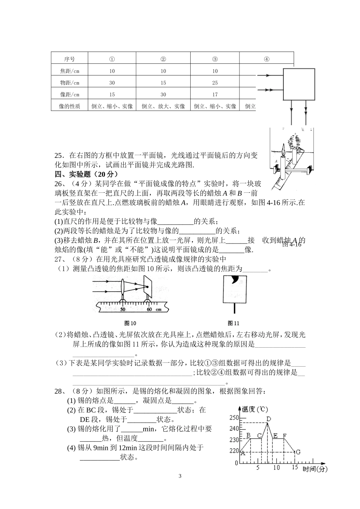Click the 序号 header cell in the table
(69, 59)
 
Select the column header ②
(163, 59)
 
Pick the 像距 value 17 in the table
(215, 95)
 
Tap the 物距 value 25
(215, 83)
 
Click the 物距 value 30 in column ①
(112, 83)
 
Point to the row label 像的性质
(69, 106)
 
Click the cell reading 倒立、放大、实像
(163, 106)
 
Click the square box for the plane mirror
(299, 84)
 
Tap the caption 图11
(233, 323)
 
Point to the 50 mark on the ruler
(123, 309)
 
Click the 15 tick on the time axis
(295, 468)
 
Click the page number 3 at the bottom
(180, 476)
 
